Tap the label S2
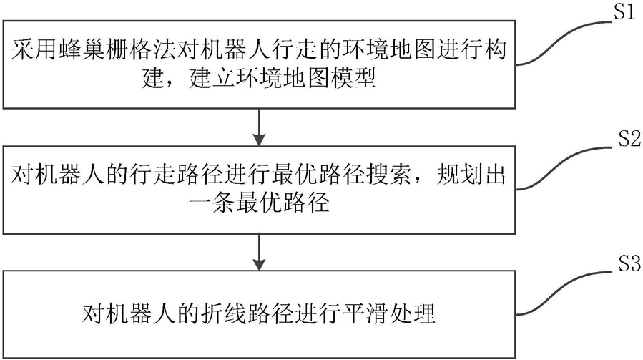click(x=620, y=141)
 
